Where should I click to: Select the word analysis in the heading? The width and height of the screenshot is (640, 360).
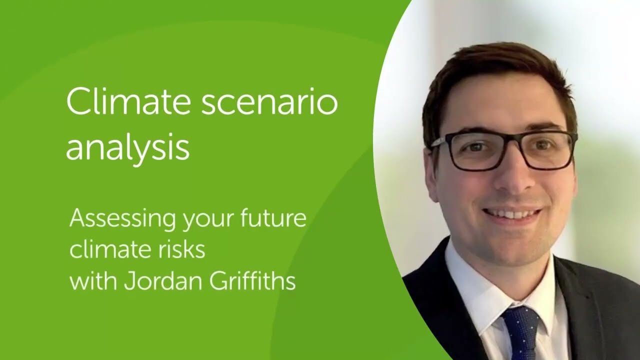pyautogui.click(x=127, y=147)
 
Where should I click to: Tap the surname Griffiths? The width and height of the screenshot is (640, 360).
pyautogui.click(x=252, y=281)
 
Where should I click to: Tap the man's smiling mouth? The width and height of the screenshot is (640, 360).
pyautogui.click(x=512, y=214)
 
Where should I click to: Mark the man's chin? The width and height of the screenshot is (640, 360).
pyautogui.click(x=515, y=245)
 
